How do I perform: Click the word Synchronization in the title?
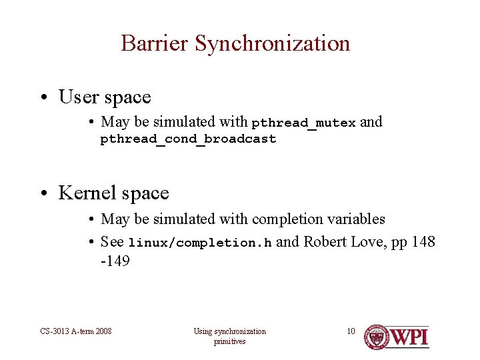pyautogui.click(x=273, y=43)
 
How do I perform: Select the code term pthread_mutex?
pyautogui.click(x=303, y=123)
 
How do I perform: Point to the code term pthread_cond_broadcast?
pyautogui.click(x=188, y=139)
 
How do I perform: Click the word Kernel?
pyautogui.click(x=83, y=193)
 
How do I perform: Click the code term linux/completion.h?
pyautogui.click(x=199, y=243)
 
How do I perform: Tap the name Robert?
pyautogui.click(x=327, y=241)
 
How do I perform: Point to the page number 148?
pyautogui.click(x=423, y=241)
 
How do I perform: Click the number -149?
pyautogui.click(x=115, y=261)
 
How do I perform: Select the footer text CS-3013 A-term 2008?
pyautogui.click(x=76, y=331)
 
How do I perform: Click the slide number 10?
pyautogui.click(x=351, y=331)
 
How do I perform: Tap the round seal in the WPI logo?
pyautogui.click(x=377, y=336)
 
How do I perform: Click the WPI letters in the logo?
pyautogui.click(x=409, y=337)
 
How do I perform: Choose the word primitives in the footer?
pyautogui.click(x=229, y=341)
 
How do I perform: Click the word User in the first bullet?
pyautogui.click(x=79, y=97)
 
